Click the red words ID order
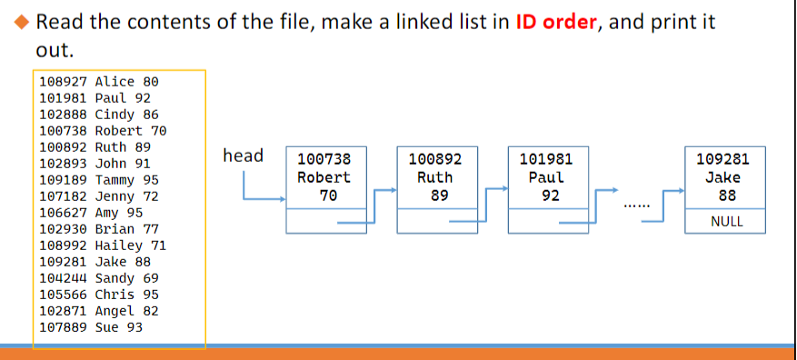tap(556, 22)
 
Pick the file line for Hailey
tap(103, 245)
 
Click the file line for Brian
tap(99, 228)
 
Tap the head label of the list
tap(243, 155)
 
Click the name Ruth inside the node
tap(434, 177)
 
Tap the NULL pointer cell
tap(724, 221)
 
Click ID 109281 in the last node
tap(723, 159)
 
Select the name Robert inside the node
tap(324, 177)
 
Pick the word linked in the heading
tap(467, 22)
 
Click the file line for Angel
tap(99, 310)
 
